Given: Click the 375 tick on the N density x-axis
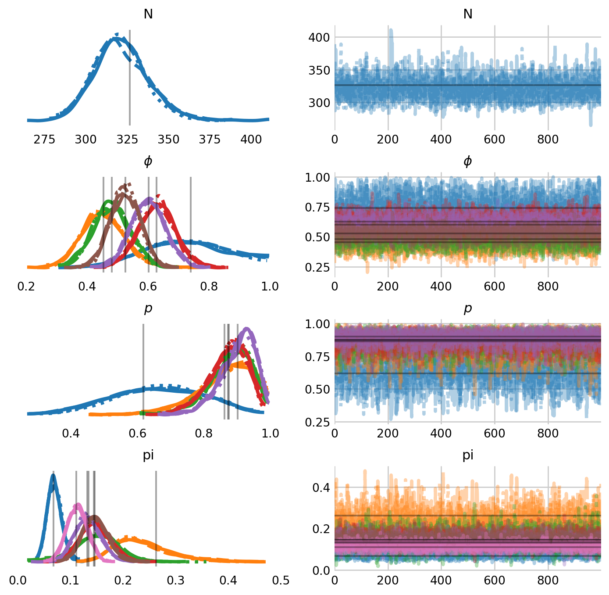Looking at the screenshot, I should pos(210,140).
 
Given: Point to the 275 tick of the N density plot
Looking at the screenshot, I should pos(44,140).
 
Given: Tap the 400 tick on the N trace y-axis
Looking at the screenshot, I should pos(319,37).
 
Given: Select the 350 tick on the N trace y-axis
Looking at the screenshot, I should pos(319,70).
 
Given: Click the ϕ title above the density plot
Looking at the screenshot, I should pos(148,161).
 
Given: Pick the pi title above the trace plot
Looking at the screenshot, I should pos(467,455).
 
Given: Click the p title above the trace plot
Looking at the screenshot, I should pos(467,308).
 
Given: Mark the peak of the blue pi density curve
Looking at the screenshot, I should pos(53,475).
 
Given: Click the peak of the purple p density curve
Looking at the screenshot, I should pos(247,328).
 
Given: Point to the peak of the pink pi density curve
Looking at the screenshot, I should pos(78,504).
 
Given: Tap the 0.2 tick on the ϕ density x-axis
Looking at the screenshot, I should pos(26,287).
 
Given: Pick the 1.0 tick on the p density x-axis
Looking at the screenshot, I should pos(270,434).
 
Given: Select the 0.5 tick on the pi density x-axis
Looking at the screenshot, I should pos(281,581).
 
